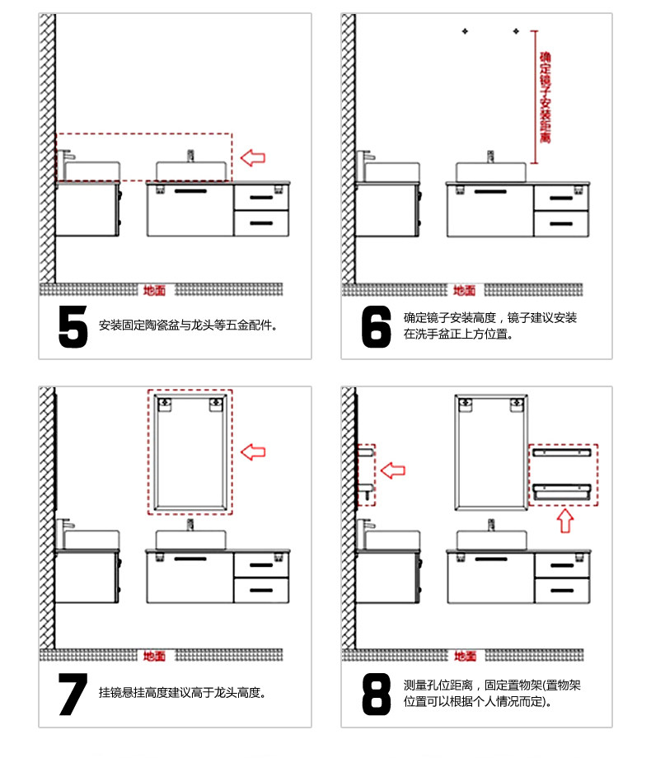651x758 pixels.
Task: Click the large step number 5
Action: [73, 326]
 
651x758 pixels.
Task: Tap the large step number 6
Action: [376, 326]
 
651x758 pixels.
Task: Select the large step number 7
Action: [73, 695]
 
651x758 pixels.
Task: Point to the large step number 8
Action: [376, 695]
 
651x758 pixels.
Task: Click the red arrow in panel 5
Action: [253, 157]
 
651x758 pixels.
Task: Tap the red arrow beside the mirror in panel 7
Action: [253, 452]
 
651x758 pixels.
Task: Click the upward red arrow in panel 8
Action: [565, 521]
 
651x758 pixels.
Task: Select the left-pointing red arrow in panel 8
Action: [393, 470]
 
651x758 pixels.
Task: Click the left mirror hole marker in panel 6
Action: [465, 31]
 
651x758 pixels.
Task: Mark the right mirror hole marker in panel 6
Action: [516, 31]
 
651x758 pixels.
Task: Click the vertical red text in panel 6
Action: [546, 97]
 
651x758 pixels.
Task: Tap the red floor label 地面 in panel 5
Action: [154, 290]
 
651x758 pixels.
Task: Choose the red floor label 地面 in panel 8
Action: [465, 656]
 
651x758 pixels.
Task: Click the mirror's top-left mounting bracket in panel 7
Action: [165, 405]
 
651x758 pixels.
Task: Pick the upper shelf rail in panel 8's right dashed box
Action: [562, 453]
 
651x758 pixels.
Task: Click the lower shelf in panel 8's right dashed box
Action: [562, 492]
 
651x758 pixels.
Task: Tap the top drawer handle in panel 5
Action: [262, 197]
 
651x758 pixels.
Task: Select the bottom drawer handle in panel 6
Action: [561, 224]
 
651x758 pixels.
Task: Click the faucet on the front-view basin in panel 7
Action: [190, 525]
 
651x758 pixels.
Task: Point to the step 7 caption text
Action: [182, 693]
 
